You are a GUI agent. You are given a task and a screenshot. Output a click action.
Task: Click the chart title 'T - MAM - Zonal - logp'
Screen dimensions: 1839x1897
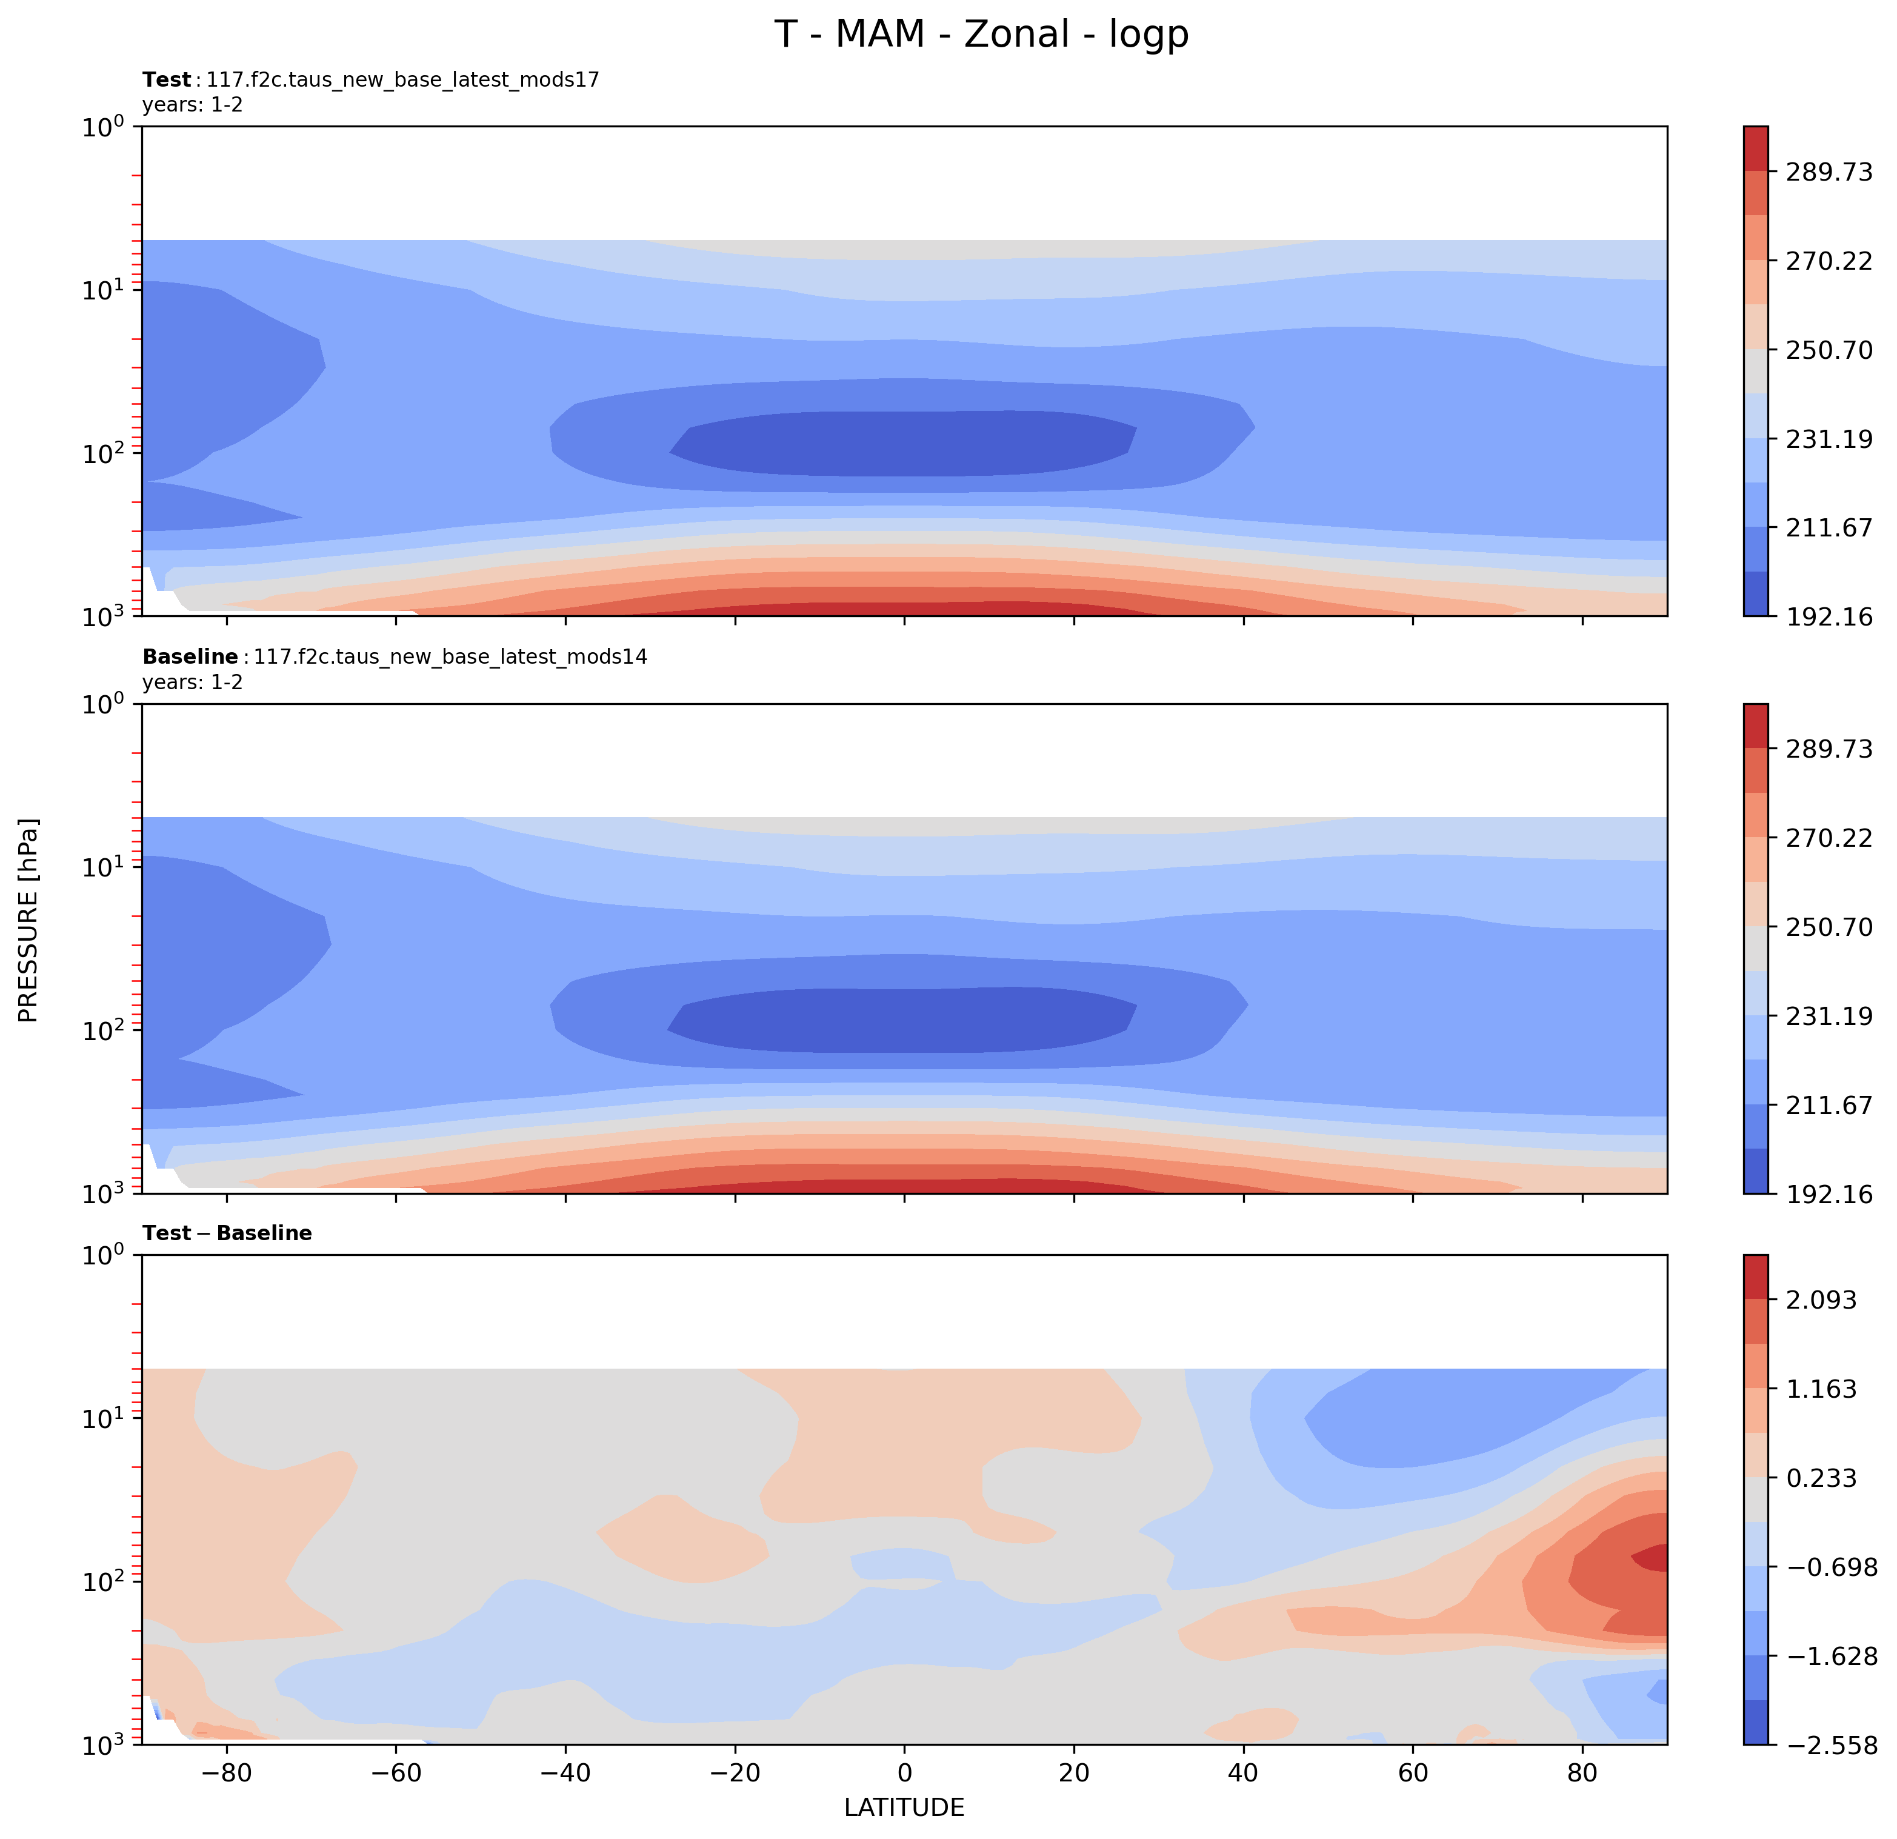(x=981, y=35)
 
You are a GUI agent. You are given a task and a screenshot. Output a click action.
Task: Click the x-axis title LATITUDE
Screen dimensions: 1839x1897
(x=904, y=1807)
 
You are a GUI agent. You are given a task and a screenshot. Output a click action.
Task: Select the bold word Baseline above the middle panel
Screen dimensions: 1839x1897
(x=190, y=656)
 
